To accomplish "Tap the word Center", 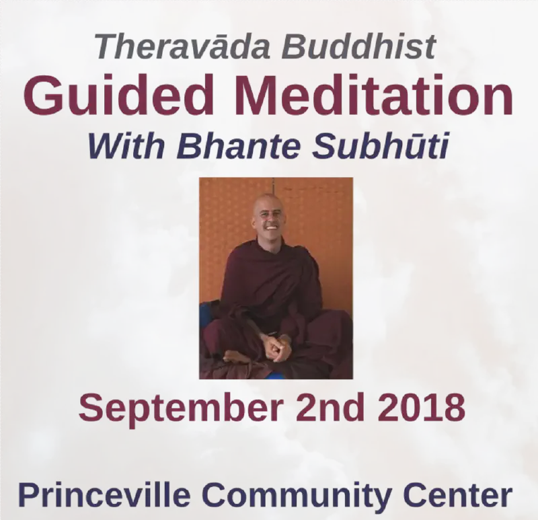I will coord(461,496).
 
